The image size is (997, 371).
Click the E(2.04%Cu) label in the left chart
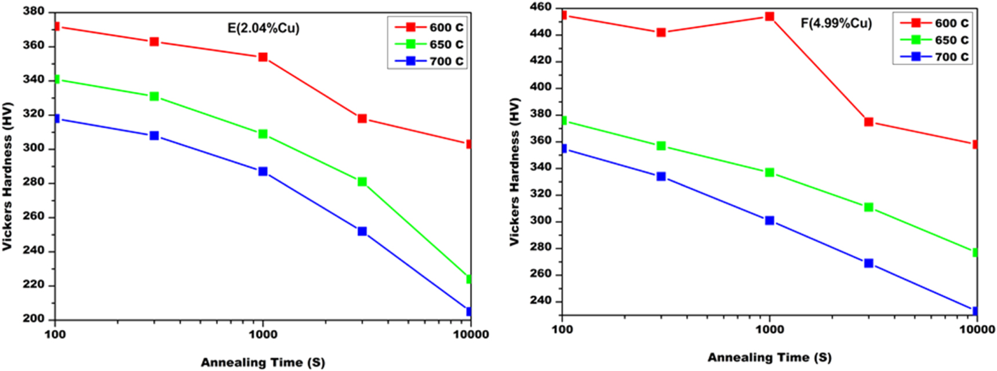[263, 28]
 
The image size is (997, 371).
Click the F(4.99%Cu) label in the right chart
[836, 23]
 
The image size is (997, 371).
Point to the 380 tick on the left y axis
[34, 11]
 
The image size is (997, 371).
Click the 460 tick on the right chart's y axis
[541, 8]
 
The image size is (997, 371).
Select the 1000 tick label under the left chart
[263, 334]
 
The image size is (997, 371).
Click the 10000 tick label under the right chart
[977, 329]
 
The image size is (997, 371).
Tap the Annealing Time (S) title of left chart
[263, 362]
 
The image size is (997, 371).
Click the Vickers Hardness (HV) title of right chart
[515, 172]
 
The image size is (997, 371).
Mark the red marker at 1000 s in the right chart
[770, 16]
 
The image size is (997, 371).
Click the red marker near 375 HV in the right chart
[868, 122]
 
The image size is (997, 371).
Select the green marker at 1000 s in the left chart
[263, 134]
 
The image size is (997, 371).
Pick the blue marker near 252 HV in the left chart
[362, 231]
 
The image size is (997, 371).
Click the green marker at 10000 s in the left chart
[469, 279]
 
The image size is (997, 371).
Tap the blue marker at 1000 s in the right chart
[770, 220]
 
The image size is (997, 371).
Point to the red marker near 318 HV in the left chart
[362, 118]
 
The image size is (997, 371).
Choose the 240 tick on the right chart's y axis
[541, 301]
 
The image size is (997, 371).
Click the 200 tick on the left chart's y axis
[34, 318]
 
